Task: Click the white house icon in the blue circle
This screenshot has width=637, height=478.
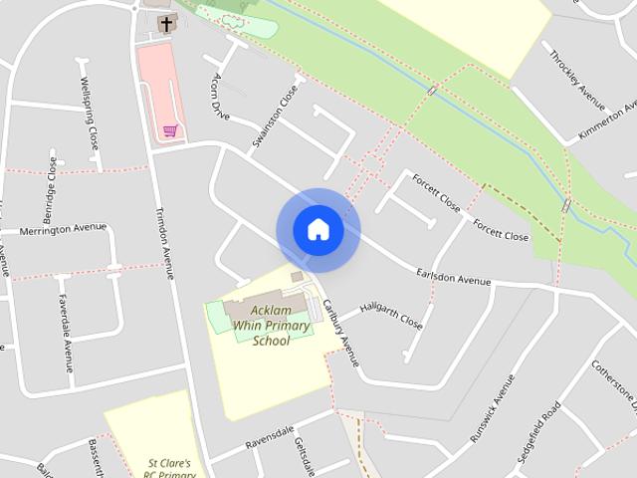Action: (x=318, y=230)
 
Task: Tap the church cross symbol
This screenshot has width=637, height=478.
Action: (x=165, y=24)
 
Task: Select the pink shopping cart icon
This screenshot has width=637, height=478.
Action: (x=170, y=130)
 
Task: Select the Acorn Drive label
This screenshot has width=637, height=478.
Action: (x=221, y=95)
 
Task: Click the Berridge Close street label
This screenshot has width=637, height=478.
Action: (x=49, y=189)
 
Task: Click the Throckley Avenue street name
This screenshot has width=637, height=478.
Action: (x=577, y=78)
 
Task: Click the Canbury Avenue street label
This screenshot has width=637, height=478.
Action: (x=339, y=329)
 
